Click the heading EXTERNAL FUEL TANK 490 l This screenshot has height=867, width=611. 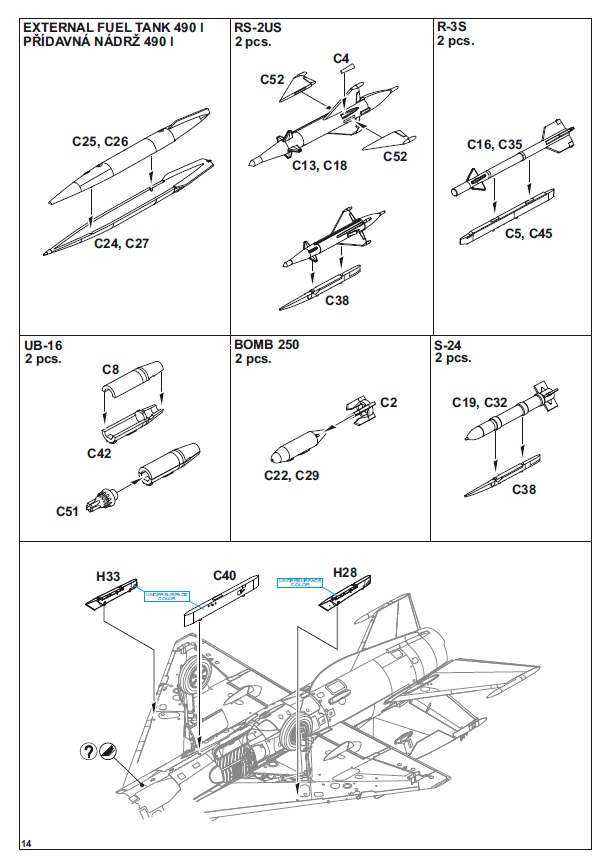[112, 27]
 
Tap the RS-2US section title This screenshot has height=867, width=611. [257, 27]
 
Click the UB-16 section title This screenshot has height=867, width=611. [43, 345]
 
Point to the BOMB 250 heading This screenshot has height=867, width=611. [266, 345]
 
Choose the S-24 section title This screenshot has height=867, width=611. [450, 345]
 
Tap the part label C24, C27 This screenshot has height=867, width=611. [122, 242]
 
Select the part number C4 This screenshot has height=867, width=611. [341, 60]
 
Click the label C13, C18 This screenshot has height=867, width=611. [321, 166]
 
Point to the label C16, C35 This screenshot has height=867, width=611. [495, 145]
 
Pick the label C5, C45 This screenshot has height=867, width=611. [527, 234]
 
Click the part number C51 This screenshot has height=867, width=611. [69, 510]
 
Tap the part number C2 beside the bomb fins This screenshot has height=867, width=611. [388, 402]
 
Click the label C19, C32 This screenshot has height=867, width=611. [481, 403]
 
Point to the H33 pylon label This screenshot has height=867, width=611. [108, 576]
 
